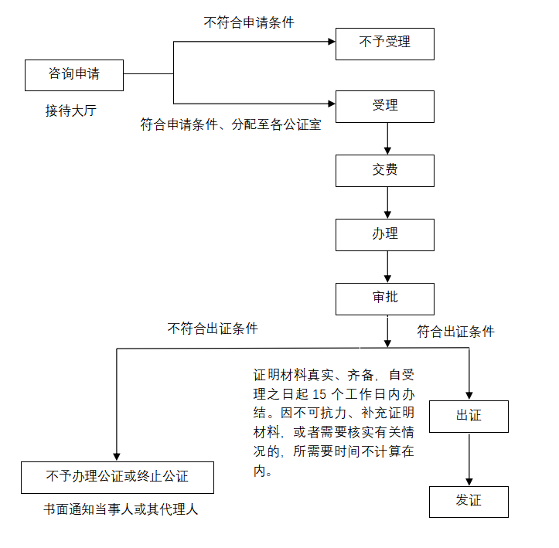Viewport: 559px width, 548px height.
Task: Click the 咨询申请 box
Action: [74, 75]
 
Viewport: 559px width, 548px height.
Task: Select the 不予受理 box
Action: [384, 44]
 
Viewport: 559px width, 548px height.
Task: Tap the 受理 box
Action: [384, 107]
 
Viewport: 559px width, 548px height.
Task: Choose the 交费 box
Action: [384, 170]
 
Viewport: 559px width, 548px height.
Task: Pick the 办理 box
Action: [384, 234]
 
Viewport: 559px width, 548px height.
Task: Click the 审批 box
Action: [384, 298]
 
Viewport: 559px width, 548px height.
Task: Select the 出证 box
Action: [469, 416]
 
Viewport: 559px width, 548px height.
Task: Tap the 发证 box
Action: [469, 501]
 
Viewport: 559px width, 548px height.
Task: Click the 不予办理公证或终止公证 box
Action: [117, 478]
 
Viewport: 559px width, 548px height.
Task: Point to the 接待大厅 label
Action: [70, 111]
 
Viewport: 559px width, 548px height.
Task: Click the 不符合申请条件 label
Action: [249, 23]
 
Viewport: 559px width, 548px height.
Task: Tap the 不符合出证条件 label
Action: [213, 328]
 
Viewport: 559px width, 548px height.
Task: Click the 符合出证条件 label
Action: [455, 332]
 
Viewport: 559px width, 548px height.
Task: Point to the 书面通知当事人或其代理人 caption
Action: [121, 511]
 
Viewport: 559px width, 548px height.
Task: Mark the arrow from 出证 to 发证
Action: [469, 459]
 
